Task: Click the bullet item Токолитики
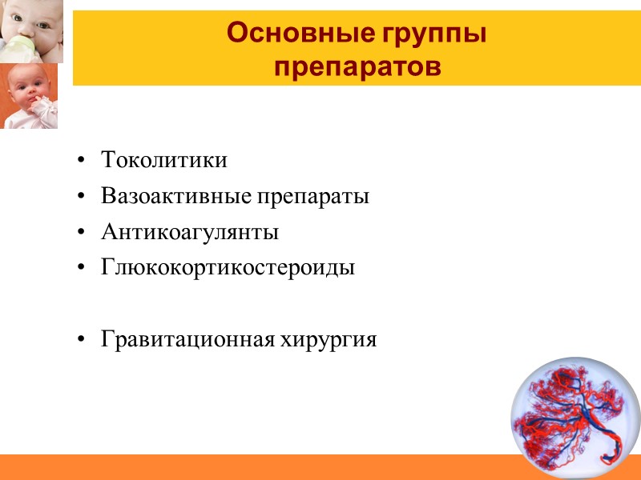pyautogui.click(x=164, y=160)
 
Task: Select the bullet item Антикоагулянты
pyautogui.click(x=190, y=233)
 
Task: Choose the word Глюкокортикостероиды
pyautogui.click(x=228, y=268)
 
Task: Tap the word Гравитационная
pyautogui.click(x=187, y=340)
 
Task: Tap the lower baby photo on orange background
pyautogui.click(x=29, y=95)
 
